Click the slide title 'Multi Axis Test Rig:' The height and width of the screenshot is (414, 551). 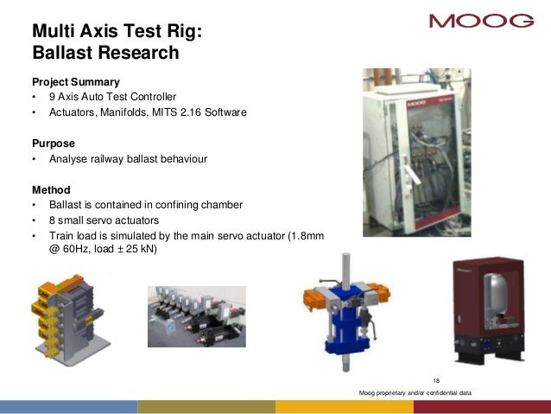pyautogui.click(x=117, y=31)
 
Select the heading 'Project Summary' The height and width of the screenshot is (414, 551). pyautogui.click(x=76, y=81)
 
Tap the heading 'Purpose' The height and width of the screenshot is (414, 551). pyautogui.click(x=54, y=143)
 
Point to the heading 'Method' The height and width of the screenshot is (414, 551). pyautogui.click(x=51, y=189)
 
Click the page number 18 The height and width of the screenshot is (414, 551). pyautogui.click(x=435, y=381)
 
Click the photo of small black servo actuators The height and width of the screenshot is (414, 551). pyautogui.click(x=196, y=316)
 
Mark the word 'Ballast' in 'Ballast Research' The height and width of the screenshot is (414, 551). pyautogui.click(x=66, y=54)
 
